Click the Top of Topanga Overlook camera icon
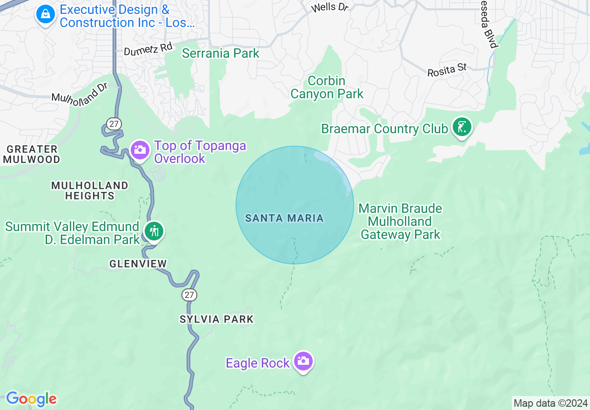140,150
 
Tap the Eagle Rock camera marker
303,362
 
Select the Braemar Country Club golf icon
462,127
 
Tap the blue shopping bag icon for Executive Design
46,14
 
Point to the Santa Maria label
284,218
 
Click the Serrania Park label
221,53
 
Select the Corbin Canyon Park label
327,87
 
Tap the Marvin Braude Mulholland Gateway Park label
400,221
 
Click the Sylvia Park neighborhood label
217,319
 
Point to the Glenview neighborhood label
138,264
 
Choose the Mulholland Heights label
90,191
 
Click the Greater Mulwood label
32,154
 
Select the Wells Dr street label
329,7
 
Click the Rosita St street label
447,70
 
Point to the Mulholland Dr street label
80,92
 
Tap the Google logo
31,399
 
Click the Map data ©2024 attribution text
550,403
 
